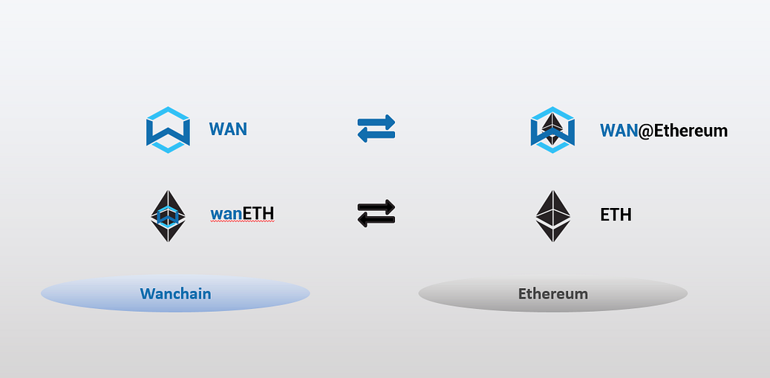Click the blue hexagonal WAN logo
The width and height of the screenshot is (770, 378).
coord(169,130)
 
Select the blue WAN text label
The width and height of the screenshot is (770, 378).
coord(228,129)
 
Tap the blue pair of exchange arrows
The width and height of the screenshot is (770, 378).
coord(376,129)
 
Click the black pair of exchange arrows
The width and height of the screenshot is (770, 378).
coord(376,215)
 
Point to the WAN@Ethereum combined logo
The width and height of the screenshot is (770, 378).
coord(553,130)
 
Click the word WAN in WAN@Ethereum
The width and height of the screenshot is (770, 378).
coord(619,131)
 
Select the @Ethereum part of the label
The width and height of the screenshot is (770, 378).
coord(682,131)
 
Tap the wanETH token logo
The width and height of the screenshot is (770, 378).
coord(169,215)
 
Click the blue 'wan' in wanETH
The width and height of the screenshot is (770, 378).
coord(226,215)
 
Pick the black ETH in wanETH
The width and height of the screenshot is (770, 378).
coord(258,215)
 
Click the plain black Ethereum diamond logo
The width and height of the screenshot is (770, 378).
coord(553,215)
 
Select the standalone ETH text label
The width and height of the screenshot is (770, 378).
coord(616,215)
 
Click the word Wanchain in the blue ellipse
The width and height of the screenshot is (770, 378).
coord(175,293)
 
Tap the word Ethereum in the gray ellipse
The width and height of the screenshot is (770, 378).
coord(552,293)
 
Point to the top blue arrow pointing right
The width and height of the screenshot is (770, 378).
coord(376,123)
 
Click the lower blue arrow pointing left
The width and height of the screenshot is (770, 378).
coord(376,136)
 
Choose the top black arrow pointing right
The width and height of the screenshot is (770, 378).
coord(376,208)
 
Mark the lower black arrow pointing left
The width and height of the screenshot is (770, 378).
coord(376,221)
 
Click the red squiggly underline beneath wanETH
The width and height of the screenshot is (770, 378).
coord(242,224)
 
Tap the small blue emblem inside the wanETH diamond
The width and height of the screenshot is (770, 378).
coord(169,216)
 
